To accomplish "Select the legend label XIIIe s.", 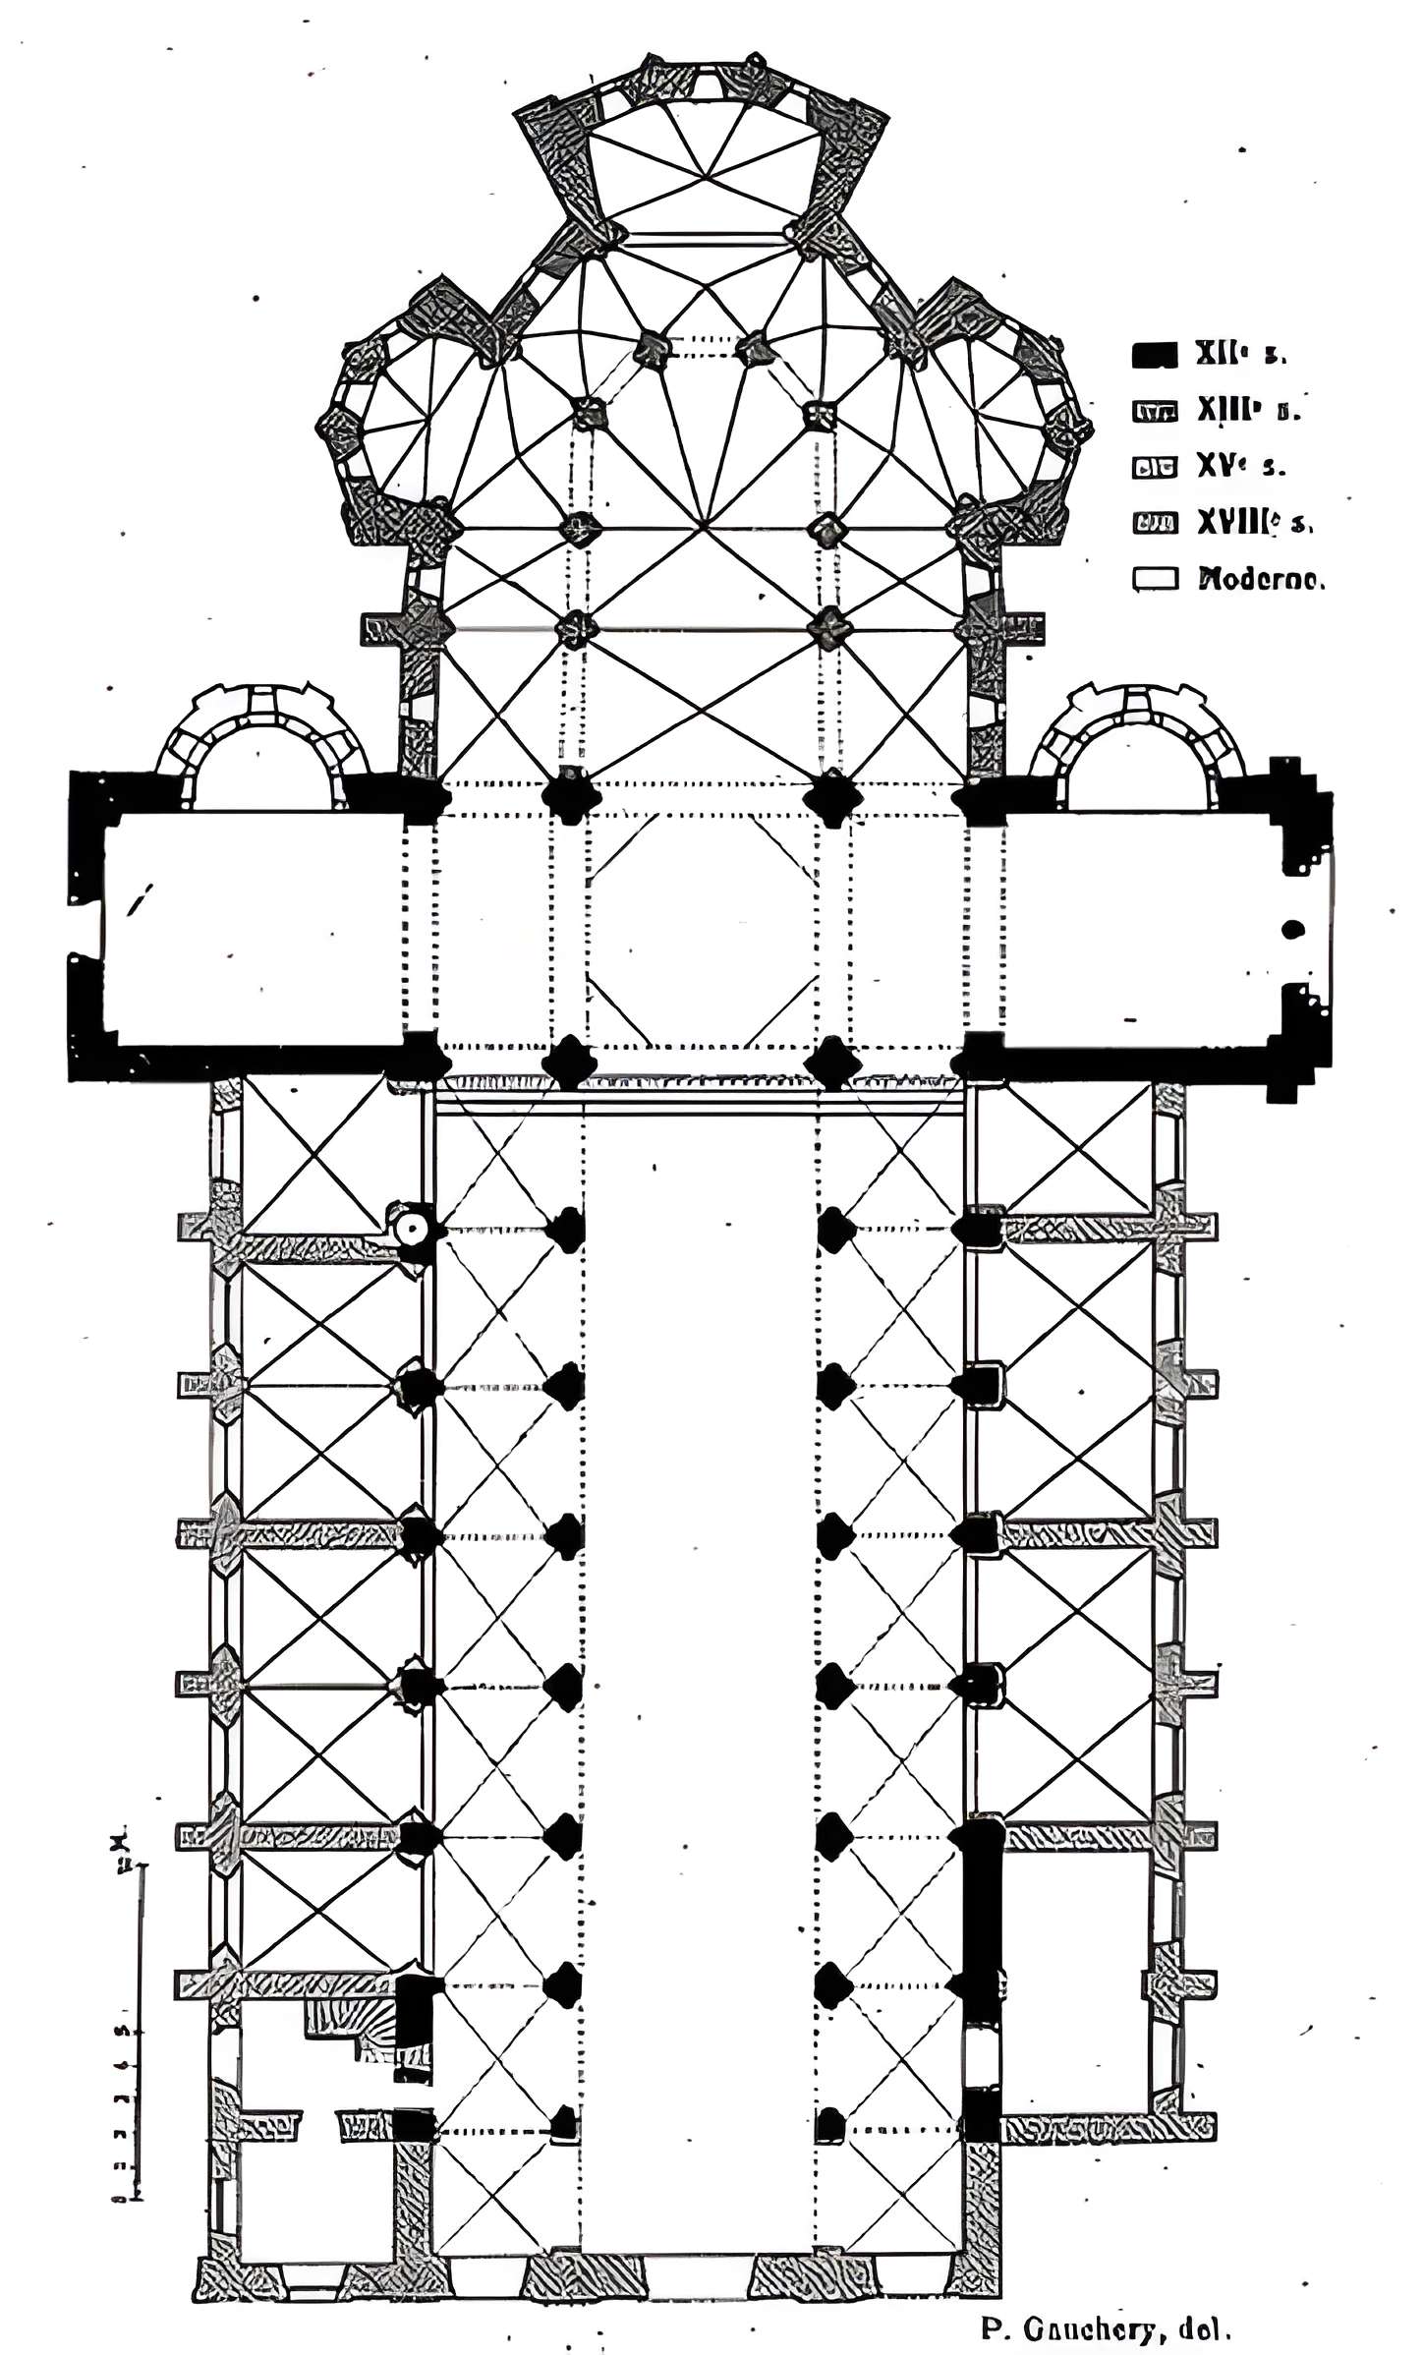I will tap(1247, 411).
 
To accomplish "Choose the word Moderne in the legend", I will tap(1261, 579).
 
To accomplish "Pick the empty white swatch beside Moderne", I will tap(1154, 579).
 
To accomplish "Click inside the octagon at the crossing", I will tap(702, 930).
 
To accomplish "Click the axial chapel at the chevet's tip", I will tap(704, 162).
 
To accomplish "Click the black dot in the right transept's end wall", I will tap(1293, 928).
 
